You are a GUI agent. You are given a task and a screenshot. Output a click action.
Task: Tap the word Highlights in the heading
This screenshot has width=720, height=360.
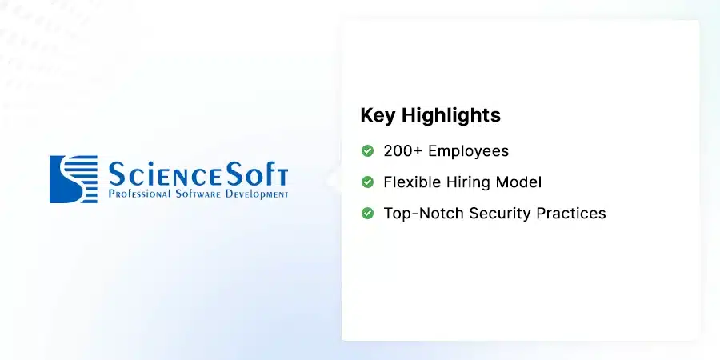point(451,116)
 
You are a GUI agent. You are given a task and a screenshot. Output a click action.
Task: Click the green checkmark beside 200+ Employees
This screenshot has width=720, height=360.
point(367,150)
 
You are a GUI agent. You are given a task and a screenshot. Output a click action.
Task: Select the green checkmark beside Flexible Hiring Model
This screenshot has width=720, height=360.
point(367,182)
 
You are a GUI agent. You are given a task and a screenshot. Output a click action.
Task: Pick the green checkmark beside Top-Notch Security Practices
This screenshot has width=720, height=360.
point(367,213)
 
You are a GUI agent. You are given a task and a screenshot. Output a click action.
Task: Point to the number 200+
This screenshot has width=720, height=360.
point(402,151)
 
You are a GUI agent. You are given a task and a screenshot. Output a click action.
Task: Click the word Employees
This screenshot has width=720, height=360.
point(468,151)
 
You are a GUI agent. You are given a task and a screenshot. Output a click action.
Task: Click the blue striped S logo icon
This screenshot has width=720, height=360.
point(74,179)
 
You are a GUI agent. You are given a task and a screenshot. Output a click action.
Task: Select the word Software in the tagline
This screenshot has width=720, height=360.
point(198,194)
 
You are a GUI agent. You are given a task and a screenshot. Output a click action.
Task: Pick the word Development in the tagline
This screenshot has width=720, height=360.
point(257,194)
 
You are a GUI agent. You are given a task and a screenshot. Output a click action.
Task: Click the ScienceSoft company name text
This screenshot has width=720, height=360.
point(198,174)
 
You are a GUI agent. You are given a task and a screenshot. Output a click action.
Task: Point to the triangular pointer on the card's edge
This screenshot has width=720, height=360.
point(334,180)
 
